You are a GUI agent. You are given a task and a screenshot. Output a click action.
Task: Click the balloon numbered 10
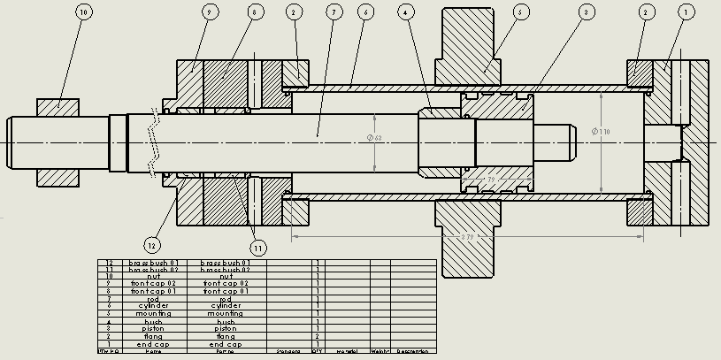(x=83, y=12)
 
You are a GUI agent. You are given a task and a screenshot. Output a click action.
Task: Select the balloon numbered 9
(x=209, y=12)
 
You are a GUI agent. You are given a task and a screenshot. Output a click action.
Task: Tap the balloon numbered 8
(x=255, y=12)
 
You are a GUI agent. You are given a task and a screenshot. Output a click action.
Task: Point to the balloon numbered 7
(x=333, y=12)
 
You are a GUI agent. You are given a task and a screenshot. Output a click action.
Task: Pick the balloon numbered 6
(x=364, y=12)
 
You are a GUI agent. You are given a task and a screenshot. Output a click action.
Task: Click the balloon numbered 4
(x=405, y=12)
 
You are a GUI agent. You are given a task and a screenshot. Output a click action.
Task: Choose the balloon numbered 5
(x=520, y=12)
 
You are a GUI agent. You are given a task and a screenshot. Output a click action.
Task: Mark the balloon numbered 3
(x=586, y=12)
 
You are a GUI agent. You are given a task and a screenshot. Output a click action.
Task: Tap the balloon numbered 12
(x=153, y=245)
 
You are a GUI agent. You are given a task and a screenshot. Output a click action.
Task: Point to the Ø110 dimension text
(x=602, y=133)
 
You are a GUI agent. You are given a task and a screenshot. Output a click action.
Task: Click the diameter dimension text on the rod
(x=374, y=138)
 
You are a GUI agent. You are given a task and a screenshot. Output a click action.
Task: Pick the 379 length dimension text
(x=466, y=236)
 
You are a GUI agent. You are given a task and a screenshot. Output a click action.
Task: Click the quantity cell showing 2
(x=318, y=337)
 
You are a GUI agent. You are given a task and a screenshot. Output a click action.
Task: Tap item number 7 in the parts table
(x=110, y=300)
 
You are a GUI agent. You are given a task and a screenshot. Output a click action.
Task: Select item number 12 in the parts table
(x=110, y=263)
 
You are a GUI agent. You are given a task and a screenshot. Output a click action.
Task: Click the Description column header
(x=413, y=351)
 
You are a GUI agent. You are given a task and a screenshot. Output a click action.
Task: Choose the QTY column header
(x=318, y=351)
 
